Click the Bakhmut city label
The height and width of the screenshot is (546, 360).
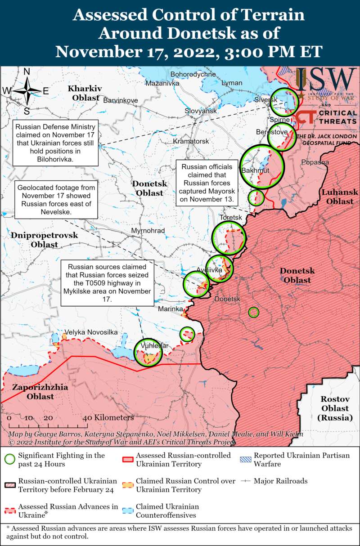click(x=255, y=171)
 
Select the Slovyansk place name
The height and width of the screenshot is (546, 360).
click(x=201, y=111)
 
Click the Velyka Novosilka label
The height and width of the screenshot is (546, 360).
click(x=91, y=332)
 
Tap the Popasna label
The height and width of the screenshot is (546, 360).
click(x=315, y=162)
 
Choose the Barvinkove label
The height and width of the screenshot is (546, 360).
click(x=121, y=100)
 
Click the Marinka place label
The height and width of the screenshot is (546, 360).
click(x=171, y=309)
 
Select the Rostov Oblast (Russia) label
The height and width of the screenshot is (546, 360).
click(x=335, y=408)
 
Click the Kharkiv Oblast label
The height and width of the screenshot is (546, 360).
click(x=85, y=93)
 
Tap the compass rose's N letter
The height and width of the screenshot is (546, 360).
click(x=27, y=72)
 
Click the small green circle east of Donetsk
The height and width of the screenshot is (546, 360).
click(x=254, y=312)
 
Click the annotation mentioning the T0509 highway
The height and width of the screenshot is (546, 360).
click(x=107, y=283)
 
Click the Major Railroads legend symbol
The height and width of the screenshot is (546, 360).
click(x=245, y=481)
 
